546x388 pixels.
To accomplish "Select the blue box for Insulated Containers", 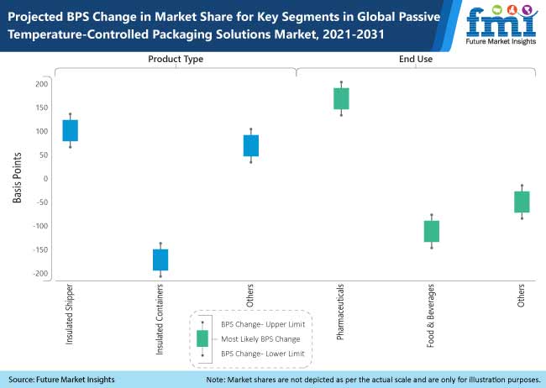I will click(160, 260).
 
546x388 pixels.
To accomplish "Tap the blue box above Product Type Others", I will click(251, 145).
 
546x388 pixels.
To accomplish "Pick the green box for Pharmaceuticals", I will click(341, 98).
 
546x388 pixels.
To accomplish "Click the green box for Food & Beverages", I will click(432, 231).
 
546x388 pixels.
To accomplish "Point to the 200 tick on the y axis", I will click(40, 84).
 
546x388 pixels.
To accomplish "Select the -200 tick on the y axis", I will click(39, 274).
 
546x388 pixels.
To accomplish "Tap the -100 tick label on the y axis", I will click(39, 226).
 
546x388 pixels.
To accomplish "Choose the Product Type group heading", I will click(176, 59).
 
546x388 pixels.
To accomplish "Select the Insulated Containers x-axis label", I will click(160, 320).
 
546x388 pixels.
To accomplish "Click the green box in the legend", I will click(202, 338).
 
